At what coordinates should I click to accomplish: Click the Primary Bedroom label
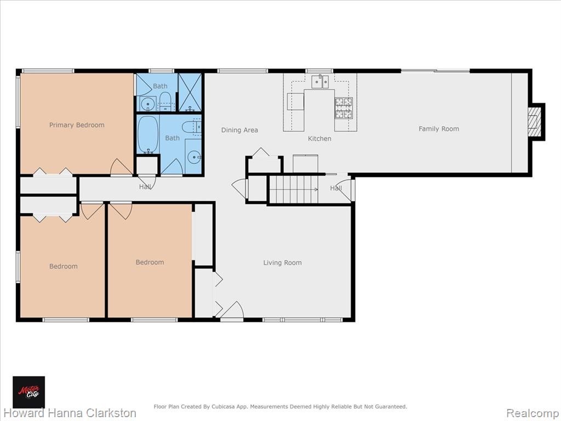pyautogui.click(x=77, y=125)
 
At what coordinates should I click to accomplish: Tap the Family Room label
pyautogui.click(x=439, y=129)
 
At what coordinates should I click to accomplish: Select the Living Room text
pyautogui.click(x=282, y=263)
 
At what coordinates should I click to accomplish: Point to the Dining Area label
pyautogui.click(x=239, y=130)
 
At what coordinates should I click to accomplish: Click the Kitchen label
pyautogui.click(x=319, y=139)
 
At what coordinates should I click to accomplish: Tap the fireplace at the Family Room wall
pyautogui.click(x=536, y=122)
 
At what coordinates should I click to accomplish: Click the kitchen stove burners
pyautogui.click(x=344, y=108)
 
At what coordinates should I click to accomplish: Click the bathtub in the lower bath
pyautogui.click(x=148, y=134)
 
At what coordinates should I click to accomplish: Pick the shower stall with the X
pyautogui.click(x=190, y=92)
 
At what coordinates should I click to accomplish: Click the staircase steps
pyautogui.click(x=293, y=189)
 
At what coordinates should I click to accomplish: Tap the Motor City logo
pyautogui.click(x=29, y=392)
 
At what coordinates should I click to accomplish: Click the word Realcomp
pyautogui.click(x=532, y=413)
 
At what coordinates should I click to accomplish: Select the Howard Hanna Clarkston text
pyautogui.click(x=70, y=413)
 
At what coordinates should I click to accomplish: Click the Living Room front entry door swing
pyautogui.click(x=232, y=310)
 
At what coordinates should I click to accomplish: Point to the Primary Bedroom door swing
pyautogui.click(x=121, y=167)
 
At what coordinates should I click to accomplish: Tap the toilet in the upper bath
pyautogui.click(x=165, y=101)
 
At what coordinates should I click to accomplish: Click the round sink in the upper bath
pyautogui.click(x=147, y=104)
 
